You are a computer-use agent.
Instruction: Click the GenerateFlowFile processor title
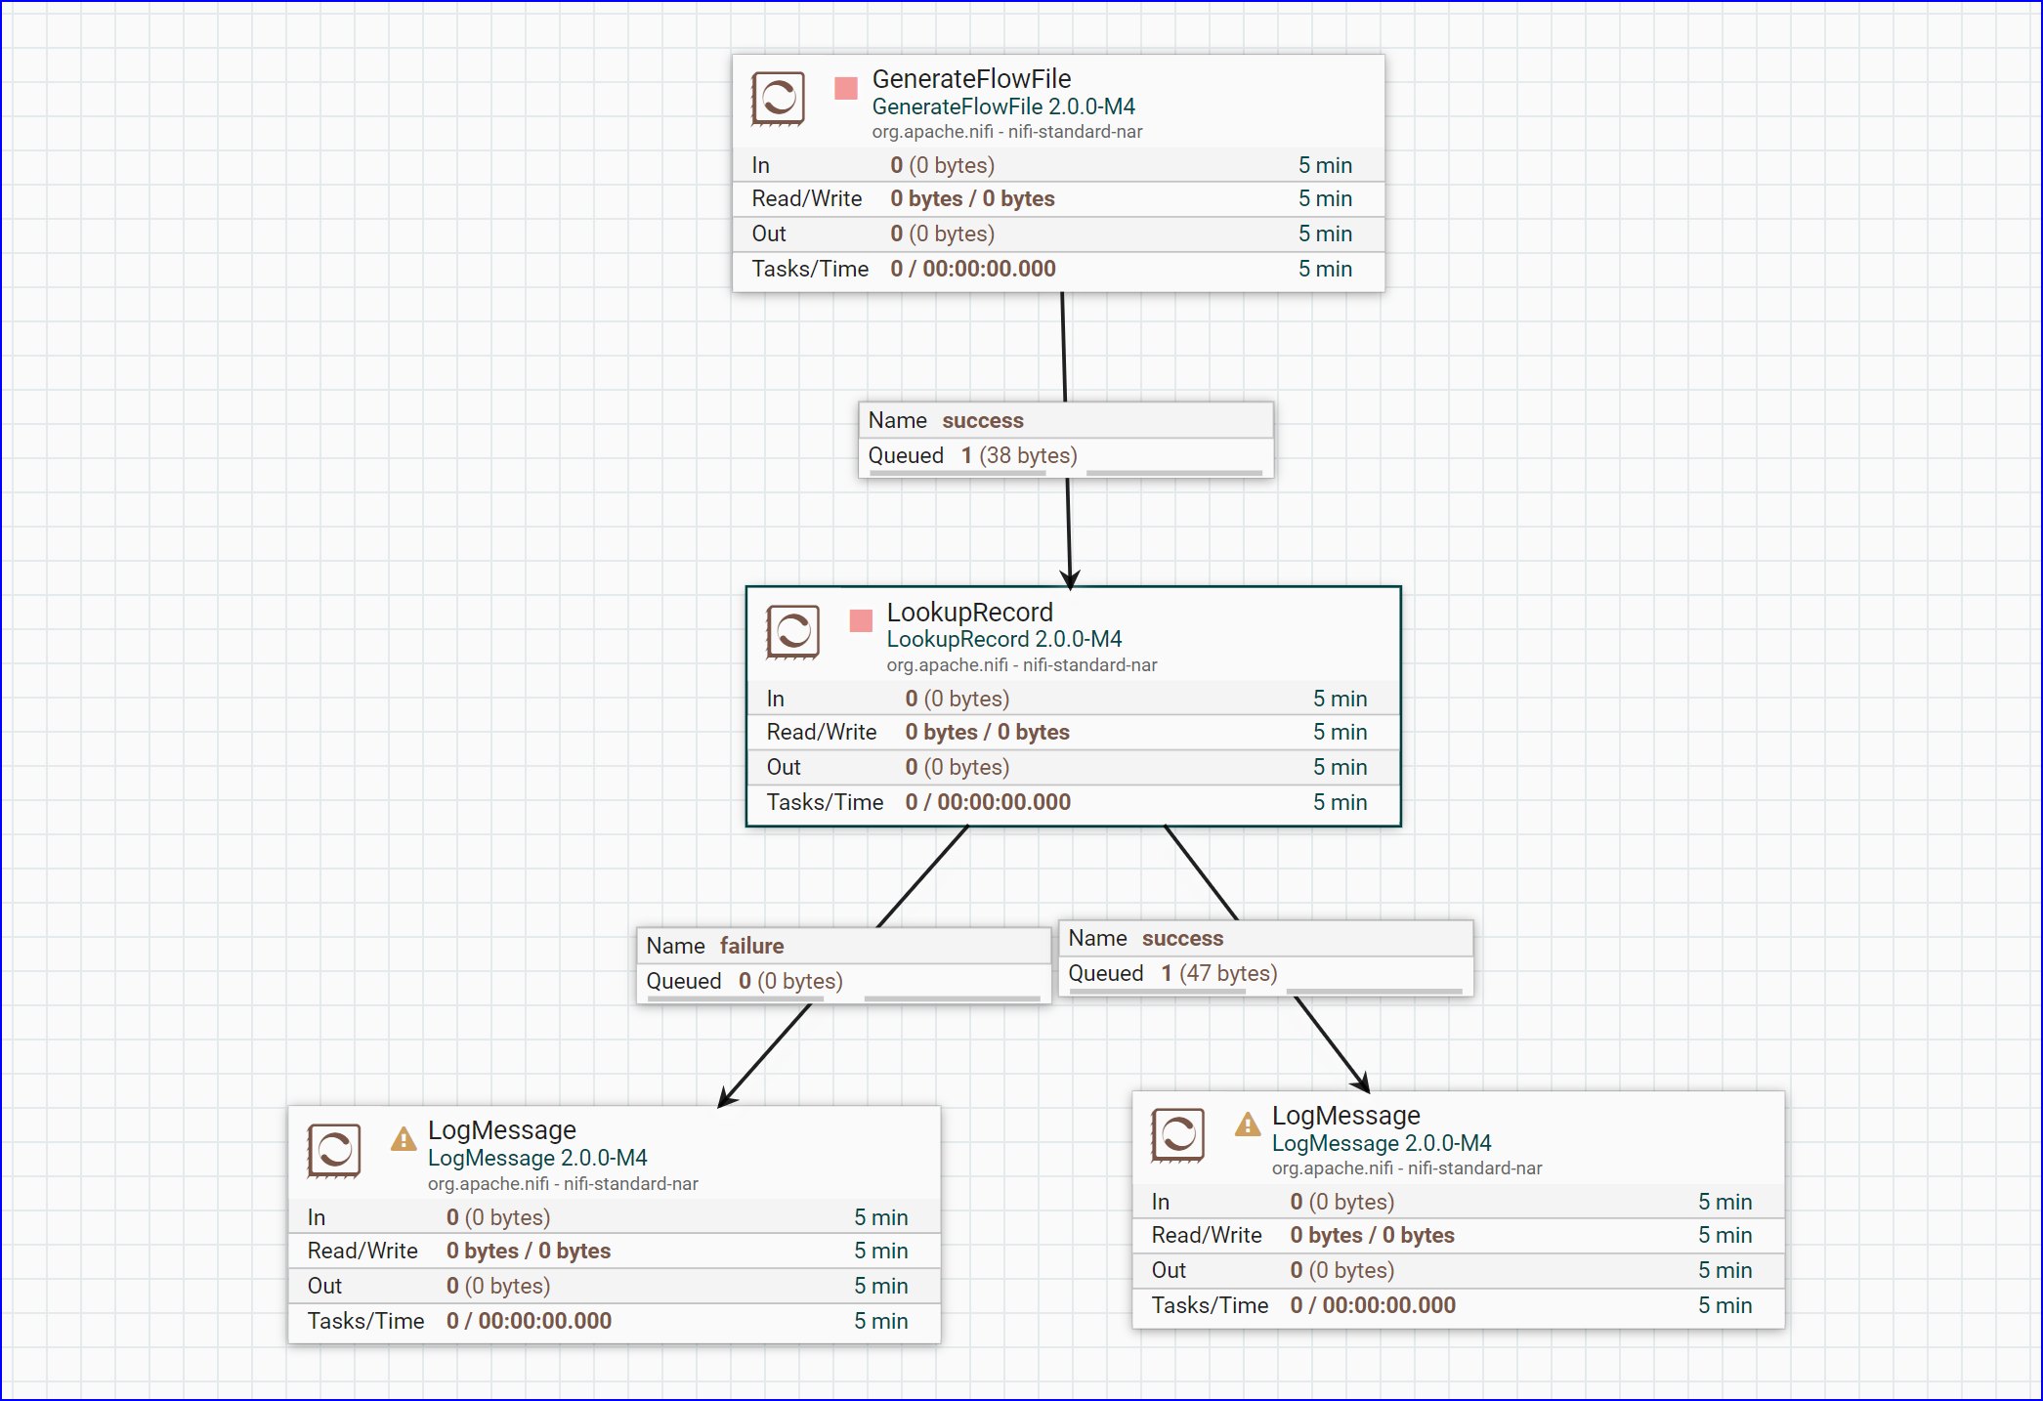pos(970,79)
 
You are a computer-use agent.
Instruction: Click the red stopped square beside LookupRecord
pos(861,620)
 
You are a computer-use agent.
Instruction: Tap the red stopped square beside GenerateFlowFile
pos(846,88)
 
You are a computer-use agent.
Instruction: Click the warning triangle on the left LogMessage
pos(403,1139)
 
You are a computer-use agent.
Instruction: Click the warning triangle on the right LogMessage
pos(1247,1125)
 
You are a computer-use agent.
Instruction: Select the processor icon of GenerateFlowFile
pos(778,99)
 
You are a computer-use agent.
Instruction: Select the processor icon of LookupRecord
pos(792,632)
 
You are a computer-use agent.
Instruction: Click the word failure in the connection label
pos(751,946)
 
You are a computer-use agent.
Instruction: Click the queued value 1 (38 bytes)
pos(1018,455)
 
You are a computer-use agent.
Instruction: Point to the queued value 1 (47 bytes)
pos(1218,973)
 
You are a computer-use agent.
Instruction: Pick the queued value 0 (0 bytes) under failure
pos(789,981)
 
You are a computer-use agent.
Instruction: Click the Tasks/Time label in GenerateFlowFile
pos(809,269)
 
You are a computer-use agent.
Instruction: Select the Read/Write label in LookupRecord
pos(821,732)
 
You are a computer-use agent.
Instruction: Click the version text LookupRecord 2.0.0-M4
pos(1003,639)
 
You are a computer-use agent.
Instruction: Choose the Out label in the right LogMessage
pos(1168,1270)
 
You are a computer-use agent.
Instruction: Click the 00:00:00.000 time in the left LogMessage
pos(544,1321)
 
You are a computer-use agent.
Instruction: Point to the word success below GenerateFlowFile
pos(982,420)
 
